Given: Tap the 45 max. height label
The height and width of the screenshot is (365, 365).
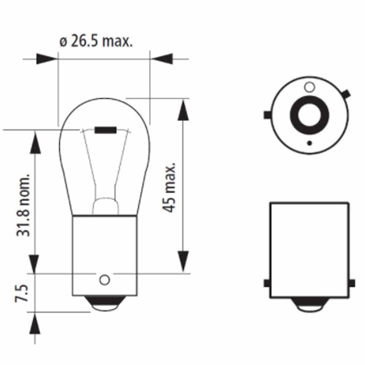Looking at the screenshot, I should (169, 187).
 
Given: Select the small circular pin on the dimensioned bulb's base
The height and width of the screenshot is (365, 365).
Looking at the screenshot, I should (104, 280).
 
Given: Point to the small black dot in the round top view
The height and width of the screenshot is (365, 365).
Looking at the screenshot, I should (309, 143).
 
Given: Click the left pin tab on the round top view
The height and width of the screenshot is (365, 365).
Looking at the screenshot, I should (267, 115).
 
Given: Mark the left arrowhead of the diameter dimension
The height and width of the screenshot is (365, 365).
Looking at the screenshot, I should (47, 59).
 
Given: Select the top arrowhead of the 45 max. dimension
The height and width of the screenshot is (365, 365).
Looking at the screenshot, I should (183, 110).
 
